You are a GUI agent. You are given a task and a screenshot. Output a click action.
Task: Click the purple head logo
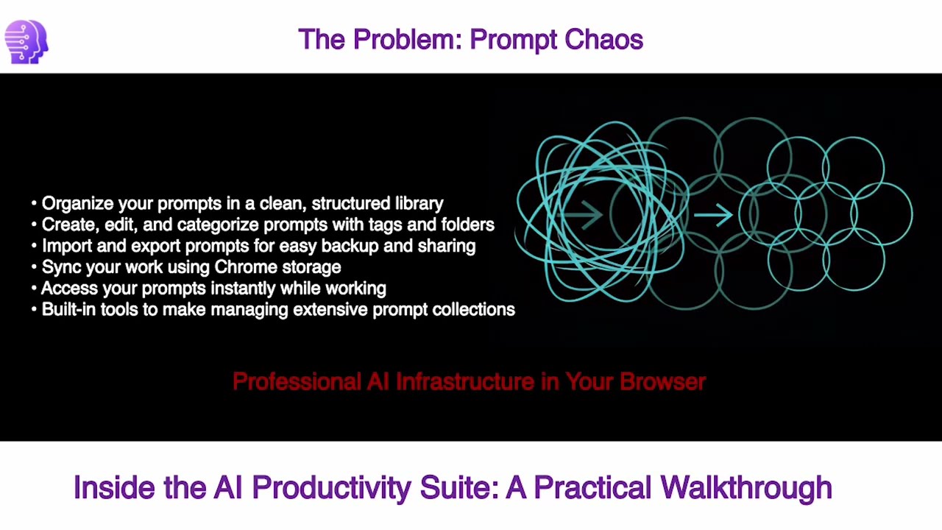point(26,42)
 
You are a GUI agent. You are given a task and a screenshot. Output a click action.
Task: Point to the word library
point(419,204)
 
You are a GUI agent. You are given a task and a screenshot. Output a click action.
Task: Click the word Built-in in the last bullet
point(68,310)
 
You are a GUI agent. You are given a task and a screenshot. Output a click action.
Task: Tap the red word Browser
point(662,381)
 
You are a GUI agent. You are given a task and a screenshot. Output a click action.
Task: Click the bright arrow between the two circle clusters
point(712,215)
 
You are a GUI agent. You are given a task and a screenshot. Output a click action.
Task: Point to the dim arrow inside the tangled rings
point(584,216)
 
